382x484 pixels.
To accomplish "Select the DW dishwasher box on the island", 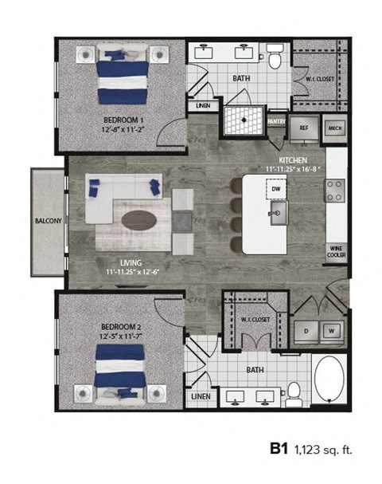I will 275,190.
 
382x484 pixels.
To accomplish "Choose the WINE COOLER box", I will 336,252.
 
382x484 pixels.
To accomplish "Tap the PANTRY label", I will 277,121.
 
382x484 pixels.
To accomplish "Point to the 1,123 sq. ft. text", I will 323,451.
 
